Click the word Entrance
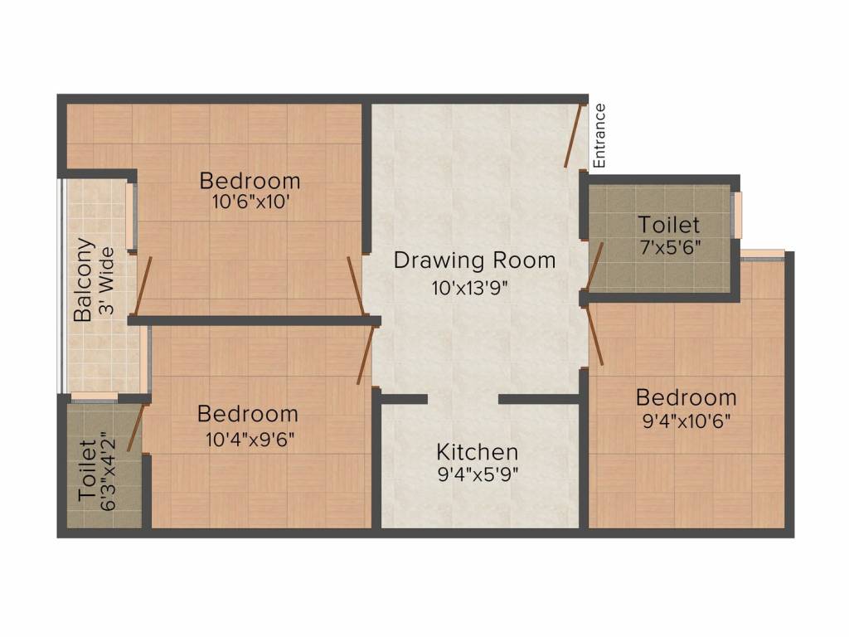(599, 135)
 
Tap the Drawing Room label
(474, 260)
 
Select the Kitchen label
(478, 452)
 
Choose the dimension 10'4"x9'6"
(250, 438)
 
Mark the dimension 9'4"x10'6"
(686, 420)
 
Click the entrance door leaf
(574, 134)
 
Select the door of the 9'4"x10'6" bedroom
(594, 335)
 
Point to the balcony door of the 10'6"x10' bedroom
(143, 286)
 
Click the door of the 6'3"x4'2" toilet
(142, 427)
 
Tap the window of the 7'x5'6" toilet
(737, 215)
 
